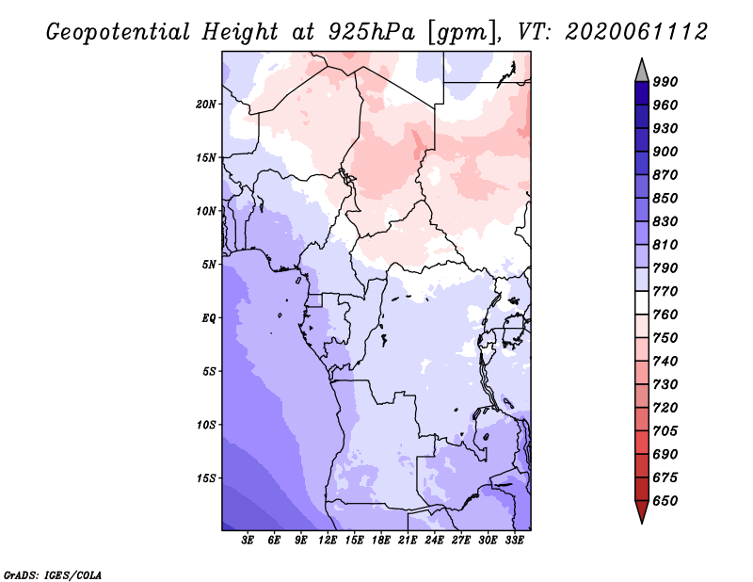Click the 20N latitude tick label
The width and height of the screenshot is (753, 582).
(206, 104)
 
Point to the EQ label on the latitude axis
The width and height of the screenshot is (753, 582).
(209, 317)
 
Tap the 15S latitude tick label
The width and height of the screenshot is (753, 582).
(206, 478)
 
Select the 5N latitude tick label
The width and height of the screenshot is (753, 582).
(209, 265)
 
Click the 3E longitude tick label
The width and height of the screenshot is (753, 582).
(248, 541)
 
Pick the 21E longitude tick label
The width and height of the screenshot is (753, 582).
(408, 541)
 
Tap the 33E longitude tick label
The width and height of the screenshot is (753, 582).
(514, 541)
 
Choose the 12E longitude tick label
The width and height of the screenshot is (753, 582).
(328, 541)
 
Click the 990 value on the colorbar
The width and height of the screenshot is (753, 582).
(665, 82)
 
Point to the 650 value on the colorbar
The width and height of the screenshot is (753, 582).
(665, 501)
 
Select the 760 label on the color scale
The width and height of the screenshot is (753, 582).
(665, 315)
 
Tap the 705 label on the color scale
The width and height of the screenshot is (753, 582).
(665, 430)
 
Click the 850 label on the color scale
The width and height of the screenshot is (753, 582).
(665, 198)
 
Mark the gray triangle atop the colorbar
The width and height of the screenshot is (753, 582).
(642, 72)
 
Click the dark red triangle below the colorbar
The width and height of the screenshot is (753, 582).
(642, 511)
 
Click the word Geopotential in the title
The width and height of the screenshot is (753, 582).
(119, 32)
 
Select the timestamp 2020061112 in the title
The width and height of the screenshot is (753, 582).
(636, 32)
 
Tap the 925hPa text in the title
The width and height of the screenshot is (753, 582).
(372, 32)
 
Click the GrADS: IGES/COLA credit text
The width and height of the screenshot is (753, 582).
(53, 574)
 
